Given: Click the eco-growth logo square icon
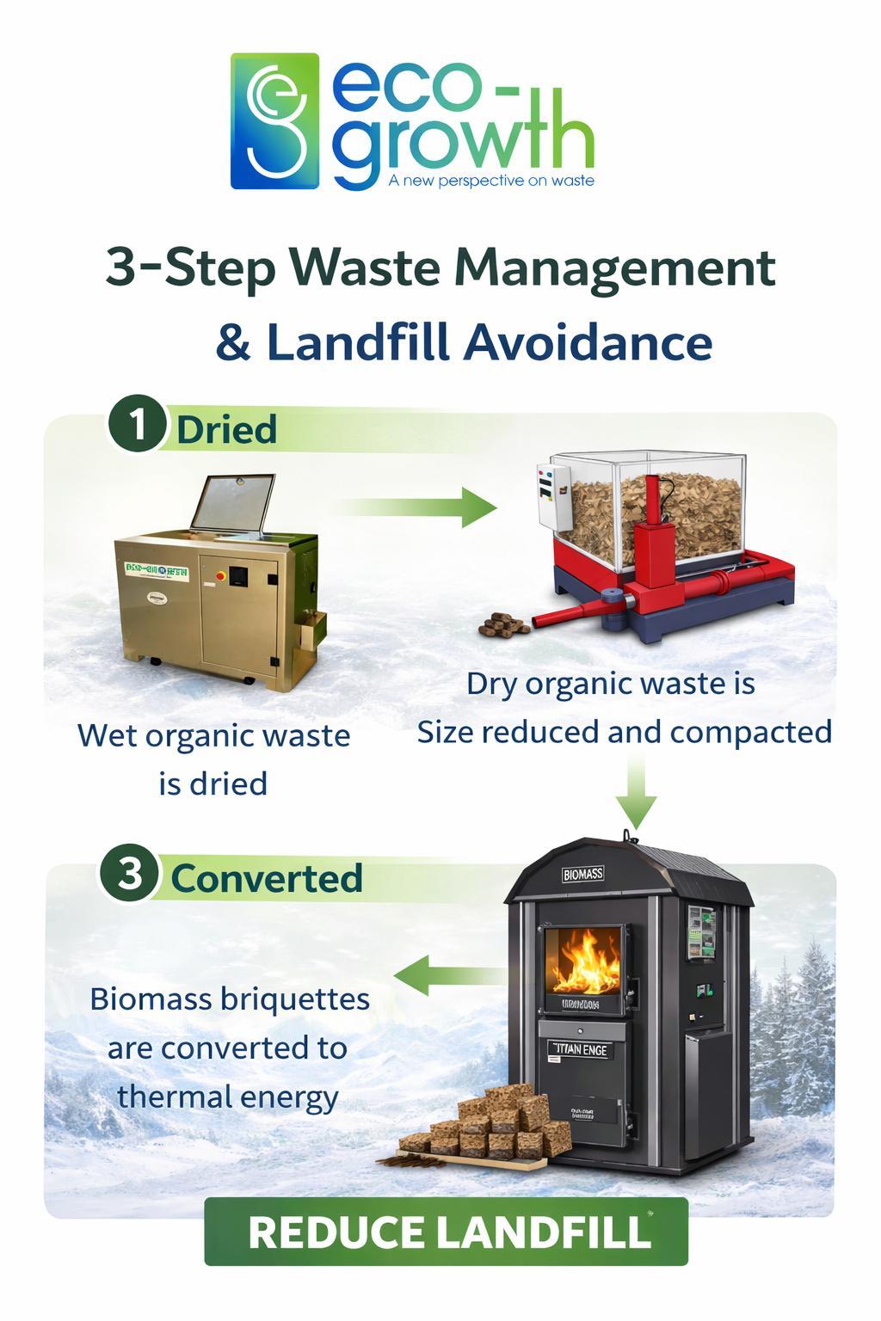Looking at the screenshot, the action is tap(274, 121).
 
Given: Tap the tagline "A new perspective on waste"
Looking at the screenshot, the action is tap(490, 181).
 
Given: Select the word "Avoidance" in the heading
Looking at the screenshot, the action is tap(588, 342).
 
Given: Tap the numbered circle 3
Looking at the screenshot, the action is tap(129, 875).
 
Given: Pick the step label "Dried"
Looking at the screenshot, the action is tap(226, 429).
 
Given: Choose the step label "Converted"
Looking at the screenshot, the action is tap(267, 878).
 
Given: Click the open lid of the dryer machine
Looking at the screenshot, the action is tap(232, 502).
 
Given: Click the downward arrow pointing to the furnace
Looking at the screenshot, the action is tap(636, 791).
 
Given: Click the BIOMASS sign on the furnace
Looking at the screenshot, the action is tap(582, 874).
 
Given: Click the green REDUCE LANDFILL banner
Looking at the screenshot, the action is tap(446, 1232).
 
